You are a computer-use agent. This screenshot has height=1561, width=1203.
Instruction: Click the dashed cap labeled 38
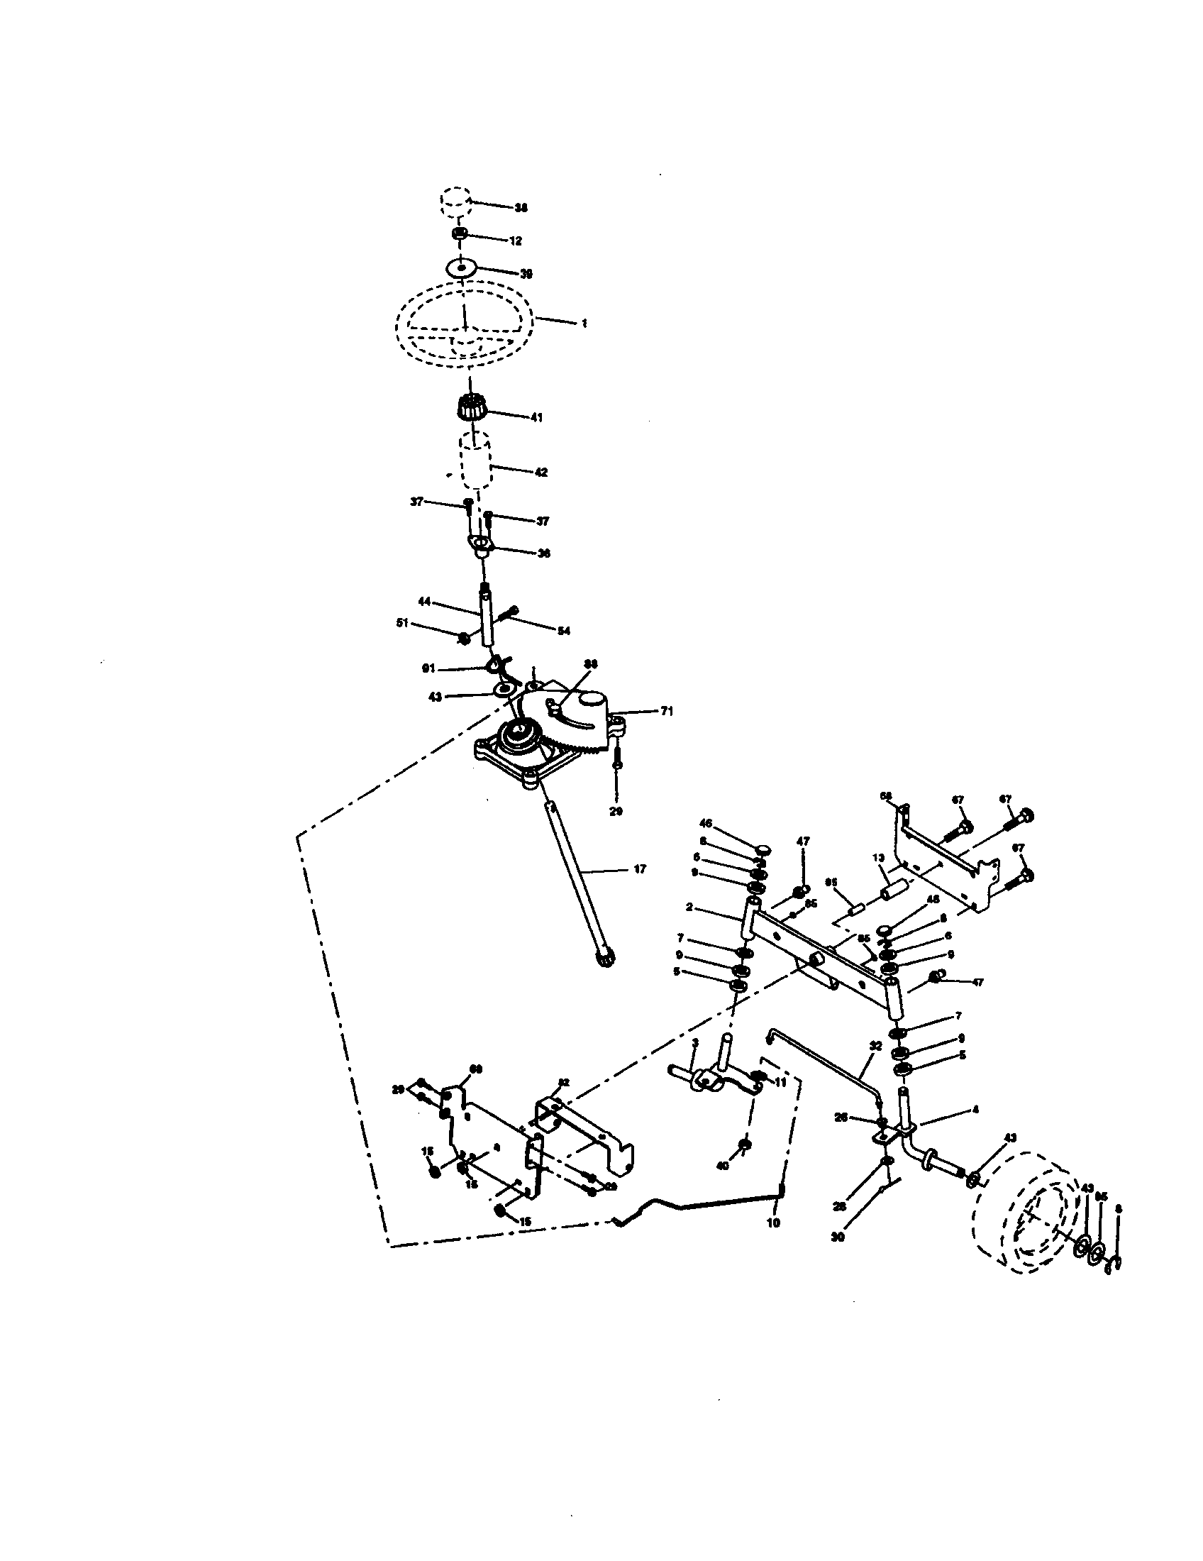(x=455, y=202)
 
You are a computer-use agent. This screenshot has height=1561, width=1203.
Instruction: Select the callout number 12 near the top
(x=515, y=241)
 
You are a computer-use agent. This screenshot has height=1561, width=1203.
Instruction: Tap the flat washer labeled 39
(x=462, y=268)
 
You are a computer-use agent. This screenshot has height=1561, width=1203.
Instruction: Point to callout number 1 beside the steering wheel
(x=584, y=323)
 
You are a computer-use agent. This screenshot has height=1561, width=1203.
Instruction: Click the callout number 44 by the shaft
(x=423, y=602)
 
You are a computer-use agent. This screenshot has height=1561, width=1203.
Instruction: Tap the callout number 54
(x=564, y=631)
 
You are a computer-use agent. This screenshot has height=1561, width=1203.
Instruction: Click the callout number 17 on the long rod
(x=639, y=869)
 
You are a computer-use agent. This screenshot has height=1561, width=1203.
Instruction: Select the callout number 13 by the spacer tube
(x=878, y=858)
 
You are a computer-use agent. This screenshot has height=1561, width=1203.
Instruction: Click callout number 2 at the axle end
(x=689, y=907)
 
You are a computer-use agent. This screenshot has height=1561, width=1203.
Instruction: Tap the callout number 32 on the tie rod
(x=877, y=1064)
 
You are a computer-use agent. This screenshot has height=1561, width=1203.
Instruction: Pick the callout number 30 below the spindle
(x=838, y=1237)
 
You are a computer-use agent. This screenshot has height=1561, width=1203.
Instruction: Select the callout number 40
(x=722, y=1166)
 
